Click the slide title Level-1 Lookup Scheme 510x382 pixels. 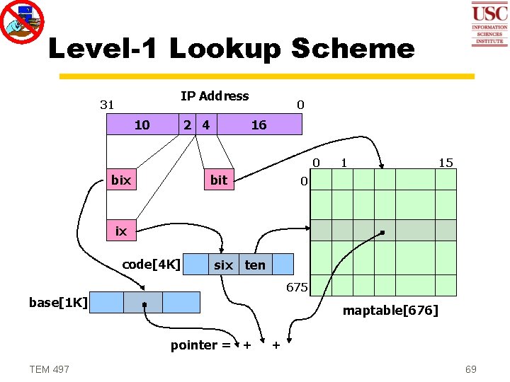(231, 49)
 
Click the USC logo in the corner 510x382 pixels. (489, 23)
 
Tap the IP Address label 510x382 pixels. (215, 96)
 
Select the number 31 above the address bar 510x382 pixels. (107, 105)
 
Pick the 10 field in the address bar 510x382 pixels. (142, 125)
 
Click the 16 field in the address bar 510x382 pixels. (259, 125)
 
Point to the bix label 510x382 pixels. (121, 180)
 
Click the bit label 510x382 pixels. (219, 180)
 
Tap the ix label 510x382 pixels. (121, 231)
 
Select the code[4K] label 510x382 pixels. (151, 265)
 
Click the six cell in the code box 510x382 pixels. (223, 265)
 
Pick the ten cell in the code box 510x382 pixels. (255, 265)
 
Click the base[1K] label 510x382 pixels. (58, 303)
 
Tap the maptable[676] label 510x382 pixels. (390, 310)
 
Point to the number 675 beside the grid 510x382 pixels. (296, 287)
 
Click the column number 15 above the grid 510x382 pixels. (445, 163)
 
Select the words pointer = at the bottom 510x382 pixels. (200, 345)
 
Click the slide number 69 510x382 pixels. (470, 369)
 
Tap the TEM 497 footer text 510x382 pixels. (50, 369)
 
